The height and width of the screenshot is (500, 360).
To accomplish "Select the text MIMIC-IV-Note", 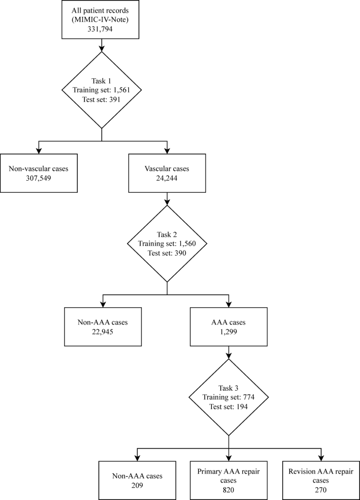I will pyautogui.click(x=101, y=20).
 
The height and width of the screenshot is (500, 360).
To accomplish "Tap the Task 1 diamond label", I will pyautogui.click(x=101, y=80).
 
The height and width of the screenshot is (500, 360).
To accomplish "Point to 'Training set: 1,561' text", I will pyautogui.click(x=101, y=90).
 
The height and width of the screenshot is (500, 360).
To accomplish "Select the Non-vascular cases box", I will pyautogui.click(x=39, y=173).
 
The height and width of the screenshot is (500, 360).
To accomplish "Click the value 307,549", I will pyautogui.click(x=39, y=178).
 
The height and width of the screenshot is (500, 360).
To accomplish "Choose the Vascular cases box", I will pyautogui.click(x=167, y=173).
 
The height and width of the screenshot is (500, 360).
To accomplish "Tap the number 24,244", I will pyautogui.click(x=167, y=178).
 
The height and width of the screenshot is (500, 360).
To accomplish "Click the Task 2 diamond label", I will pyautogui.click(x=167, y=234).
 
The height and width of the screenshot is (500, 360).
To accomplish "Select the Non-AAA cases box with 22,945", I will pyautogui.click(x=102, y=327).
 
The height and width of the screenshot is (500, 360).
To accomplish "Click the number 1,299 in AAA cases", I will pyautogui.click(x=229, y=332).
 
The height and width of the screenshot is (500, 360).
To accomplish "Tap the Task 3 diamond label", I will pyautogui.click(x=229, y=388).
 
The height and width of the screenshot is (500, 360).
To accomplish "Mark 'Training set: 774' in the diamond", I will pyautogui.click(x=229, y=398).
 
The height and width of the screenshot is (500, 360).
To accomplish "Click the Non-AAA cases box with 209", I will pyautogui.click(x=137, y=481).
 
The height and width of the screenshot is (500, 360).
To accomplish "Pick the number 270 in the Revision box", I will pyautogui.click(x=320, y=490).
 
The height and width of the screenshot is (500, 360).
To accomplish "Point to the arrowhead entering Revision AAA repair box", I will pyautogui.click(x=320, y=457).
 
